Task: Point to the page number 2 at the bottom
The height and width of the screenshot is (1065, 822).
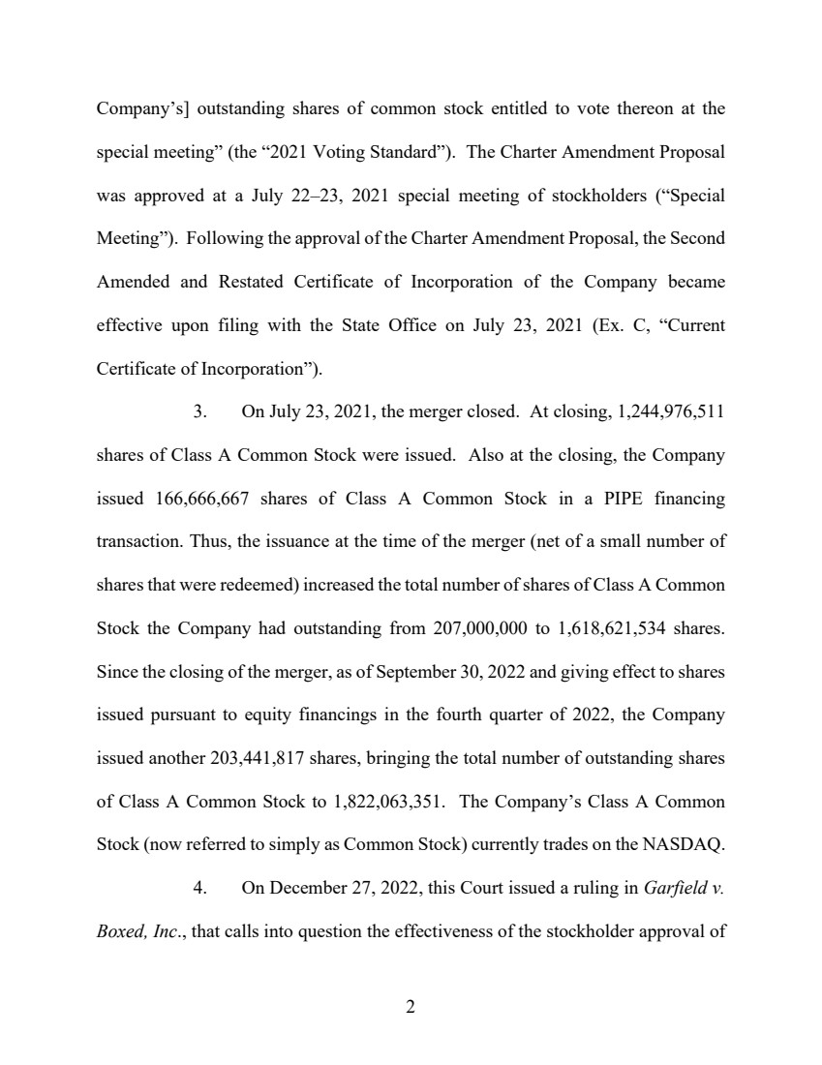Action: (411, 1007)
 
